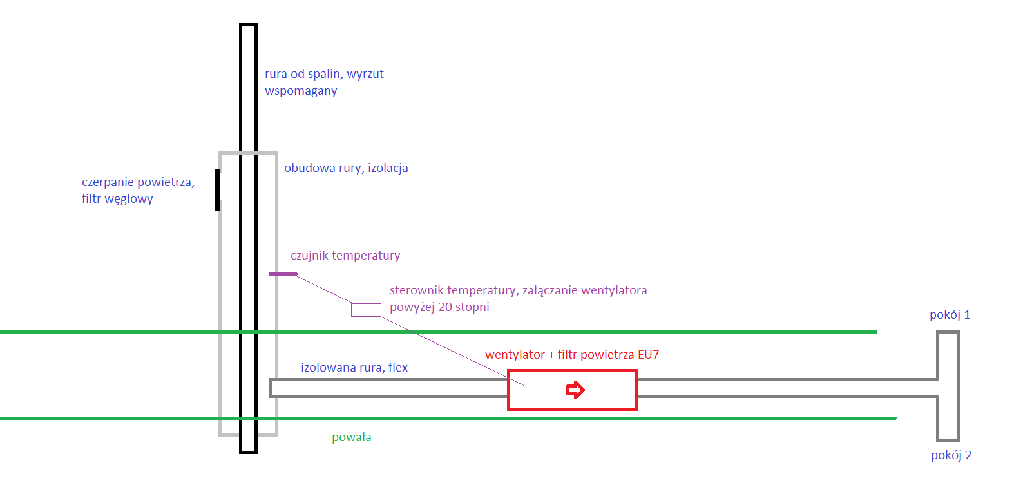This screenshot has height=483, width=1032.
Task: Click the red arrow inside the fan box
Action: tap(575, 390)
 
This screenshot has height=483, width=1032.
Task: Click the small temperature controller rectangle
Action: tap(366, 310)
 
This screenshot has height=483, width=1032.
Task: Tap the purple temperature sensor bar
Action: tap(283, 274)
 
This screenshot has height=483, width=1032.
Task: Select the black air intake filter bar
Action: tap(217, 189)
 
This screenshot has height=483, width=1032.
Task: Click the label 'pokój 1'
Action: tap(950, 315)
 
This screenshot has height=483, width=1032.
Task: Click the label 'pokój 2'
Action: tap(951, 455)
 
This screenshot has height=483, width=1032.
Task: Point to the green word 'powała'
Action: tap(351, 437)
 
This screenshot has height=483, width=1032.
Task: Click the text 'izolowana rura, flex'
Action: tap(354, 368)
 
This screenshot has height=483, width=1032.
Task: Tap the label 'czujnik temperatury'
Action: tap(345, 256)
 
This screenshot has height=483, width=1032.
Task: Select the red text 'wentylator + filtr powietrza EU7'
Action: tap(571, 355)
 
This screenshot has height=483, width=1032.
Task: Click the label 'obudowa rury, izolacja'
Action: tap(346, 168)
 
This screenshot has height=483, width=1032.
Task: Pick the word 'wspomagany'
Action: tap(301, 91)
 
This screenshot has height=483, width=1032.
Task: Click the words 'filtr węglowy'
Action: tap(117, 199)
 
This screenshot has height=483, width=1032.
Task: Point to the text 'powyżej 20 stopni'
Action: tap(439, 307)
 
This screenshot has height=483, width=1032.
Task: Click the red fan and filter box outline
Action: tap(572, 371)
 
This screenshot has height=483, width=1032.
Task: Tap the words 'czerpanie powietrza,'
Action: tap(138, 182)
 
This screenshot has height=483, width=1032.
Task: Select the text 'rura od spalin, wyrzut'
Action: tap(324, 74)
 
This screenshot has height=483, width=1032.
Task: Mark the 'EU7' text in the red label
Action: tap(648, 355)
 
